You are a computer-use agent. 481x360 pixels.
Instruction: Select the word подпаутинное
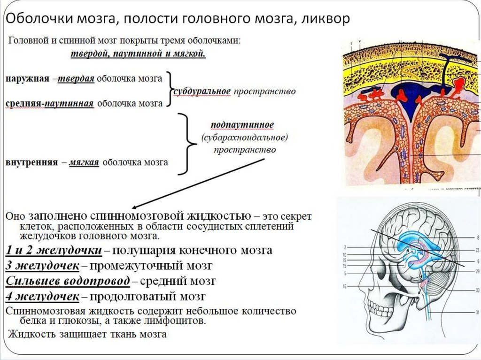tap(243, 125)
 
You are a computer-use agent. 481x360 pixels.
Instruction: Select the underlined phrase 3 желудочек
tap(42, 265)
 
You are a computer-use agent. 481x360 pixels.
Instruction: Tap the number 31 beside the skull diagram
tap(477, 312)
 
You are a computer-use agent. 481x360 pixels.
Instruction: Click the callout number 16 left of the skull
tap(344, 286)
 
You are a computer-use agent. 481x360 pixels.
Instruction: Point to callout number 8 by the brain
tap(477, 238)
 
